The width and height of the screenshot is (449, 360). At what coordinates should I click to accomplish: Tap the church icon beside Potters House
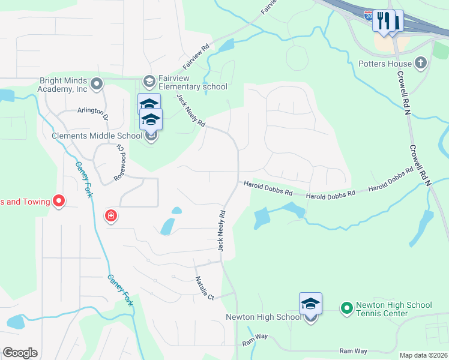pos(421,62)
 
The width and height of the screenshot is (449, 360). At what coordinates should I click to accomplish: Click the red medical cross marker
pos(110,215)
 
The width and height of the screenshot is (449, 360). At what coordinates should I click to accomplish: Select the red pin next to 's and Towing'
pos(59,202)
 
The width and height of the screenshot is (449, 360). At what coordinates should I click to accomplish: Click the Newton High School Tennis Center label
pos(393,309)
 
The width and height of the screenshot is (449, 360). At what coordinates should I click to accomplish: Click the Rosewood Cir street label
pos(121,163)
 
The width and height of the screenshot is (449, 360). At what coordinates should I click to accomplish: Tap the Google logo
pos(20,353)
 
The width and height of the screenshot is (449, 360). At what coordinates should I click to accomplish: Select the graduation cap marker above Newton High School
pos(310,304)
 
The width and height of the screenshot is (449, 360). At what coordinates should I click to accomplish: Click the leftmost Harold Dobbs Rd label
pos(268,190)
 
